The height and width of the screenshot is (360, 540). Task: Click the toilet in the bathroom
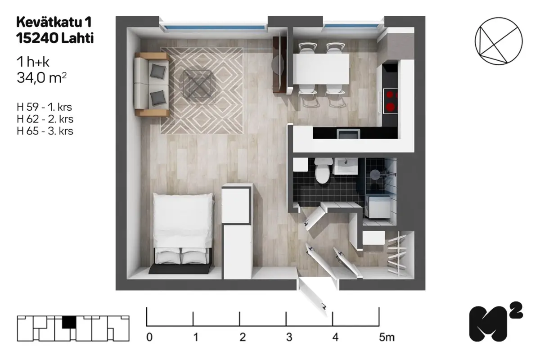[322, 170]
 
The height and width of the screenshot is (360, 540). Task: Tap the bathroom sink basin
[345, 166]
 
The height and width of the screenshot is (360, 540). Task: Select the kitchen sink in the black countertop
[349, 134]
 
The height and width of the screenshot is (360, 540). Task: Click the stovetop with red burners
[391, 101]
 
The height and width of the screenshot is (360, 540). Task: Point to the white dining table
[321, 69]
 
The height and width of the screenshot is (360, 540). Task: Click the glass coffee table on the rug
[198, 84]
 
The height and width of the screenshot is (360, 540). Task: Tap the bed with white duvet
[183, 229]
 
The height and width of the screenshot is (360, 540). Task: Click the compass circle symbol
[499, 41]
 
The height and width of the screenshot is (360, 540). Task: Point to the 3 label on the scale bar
[289, 337]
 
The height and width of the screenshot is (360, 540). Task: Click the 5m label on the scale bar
[387, 337]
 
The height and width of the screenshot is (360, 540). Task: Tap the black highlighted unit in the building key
[69, 322]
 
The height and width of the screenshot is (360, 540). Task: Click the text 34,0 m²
[41, 78]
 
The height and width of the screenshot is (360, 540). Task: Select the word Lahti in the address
[77, 38]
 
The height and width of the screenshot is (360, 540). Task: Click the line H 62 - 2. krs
[45, 119]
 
